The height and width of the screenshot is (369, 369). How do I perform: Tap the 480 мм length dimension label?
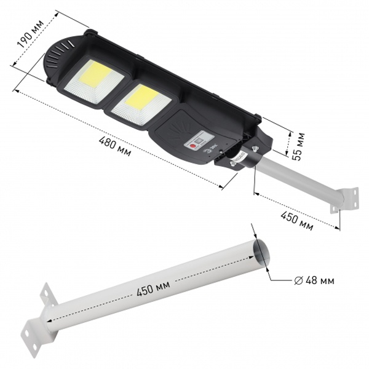pos(115,146)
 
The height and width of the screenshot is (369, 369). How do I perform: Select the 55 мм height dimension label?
pos(298,147)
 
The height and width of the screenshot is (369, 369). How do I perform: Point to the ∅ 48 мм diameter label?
pos(314,280)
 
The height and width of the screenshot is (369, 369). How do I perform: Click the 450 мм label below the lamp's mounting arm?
pos(297,221)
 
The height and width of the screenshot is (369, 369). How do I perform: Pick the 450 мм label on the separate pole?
pos(153,288)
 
